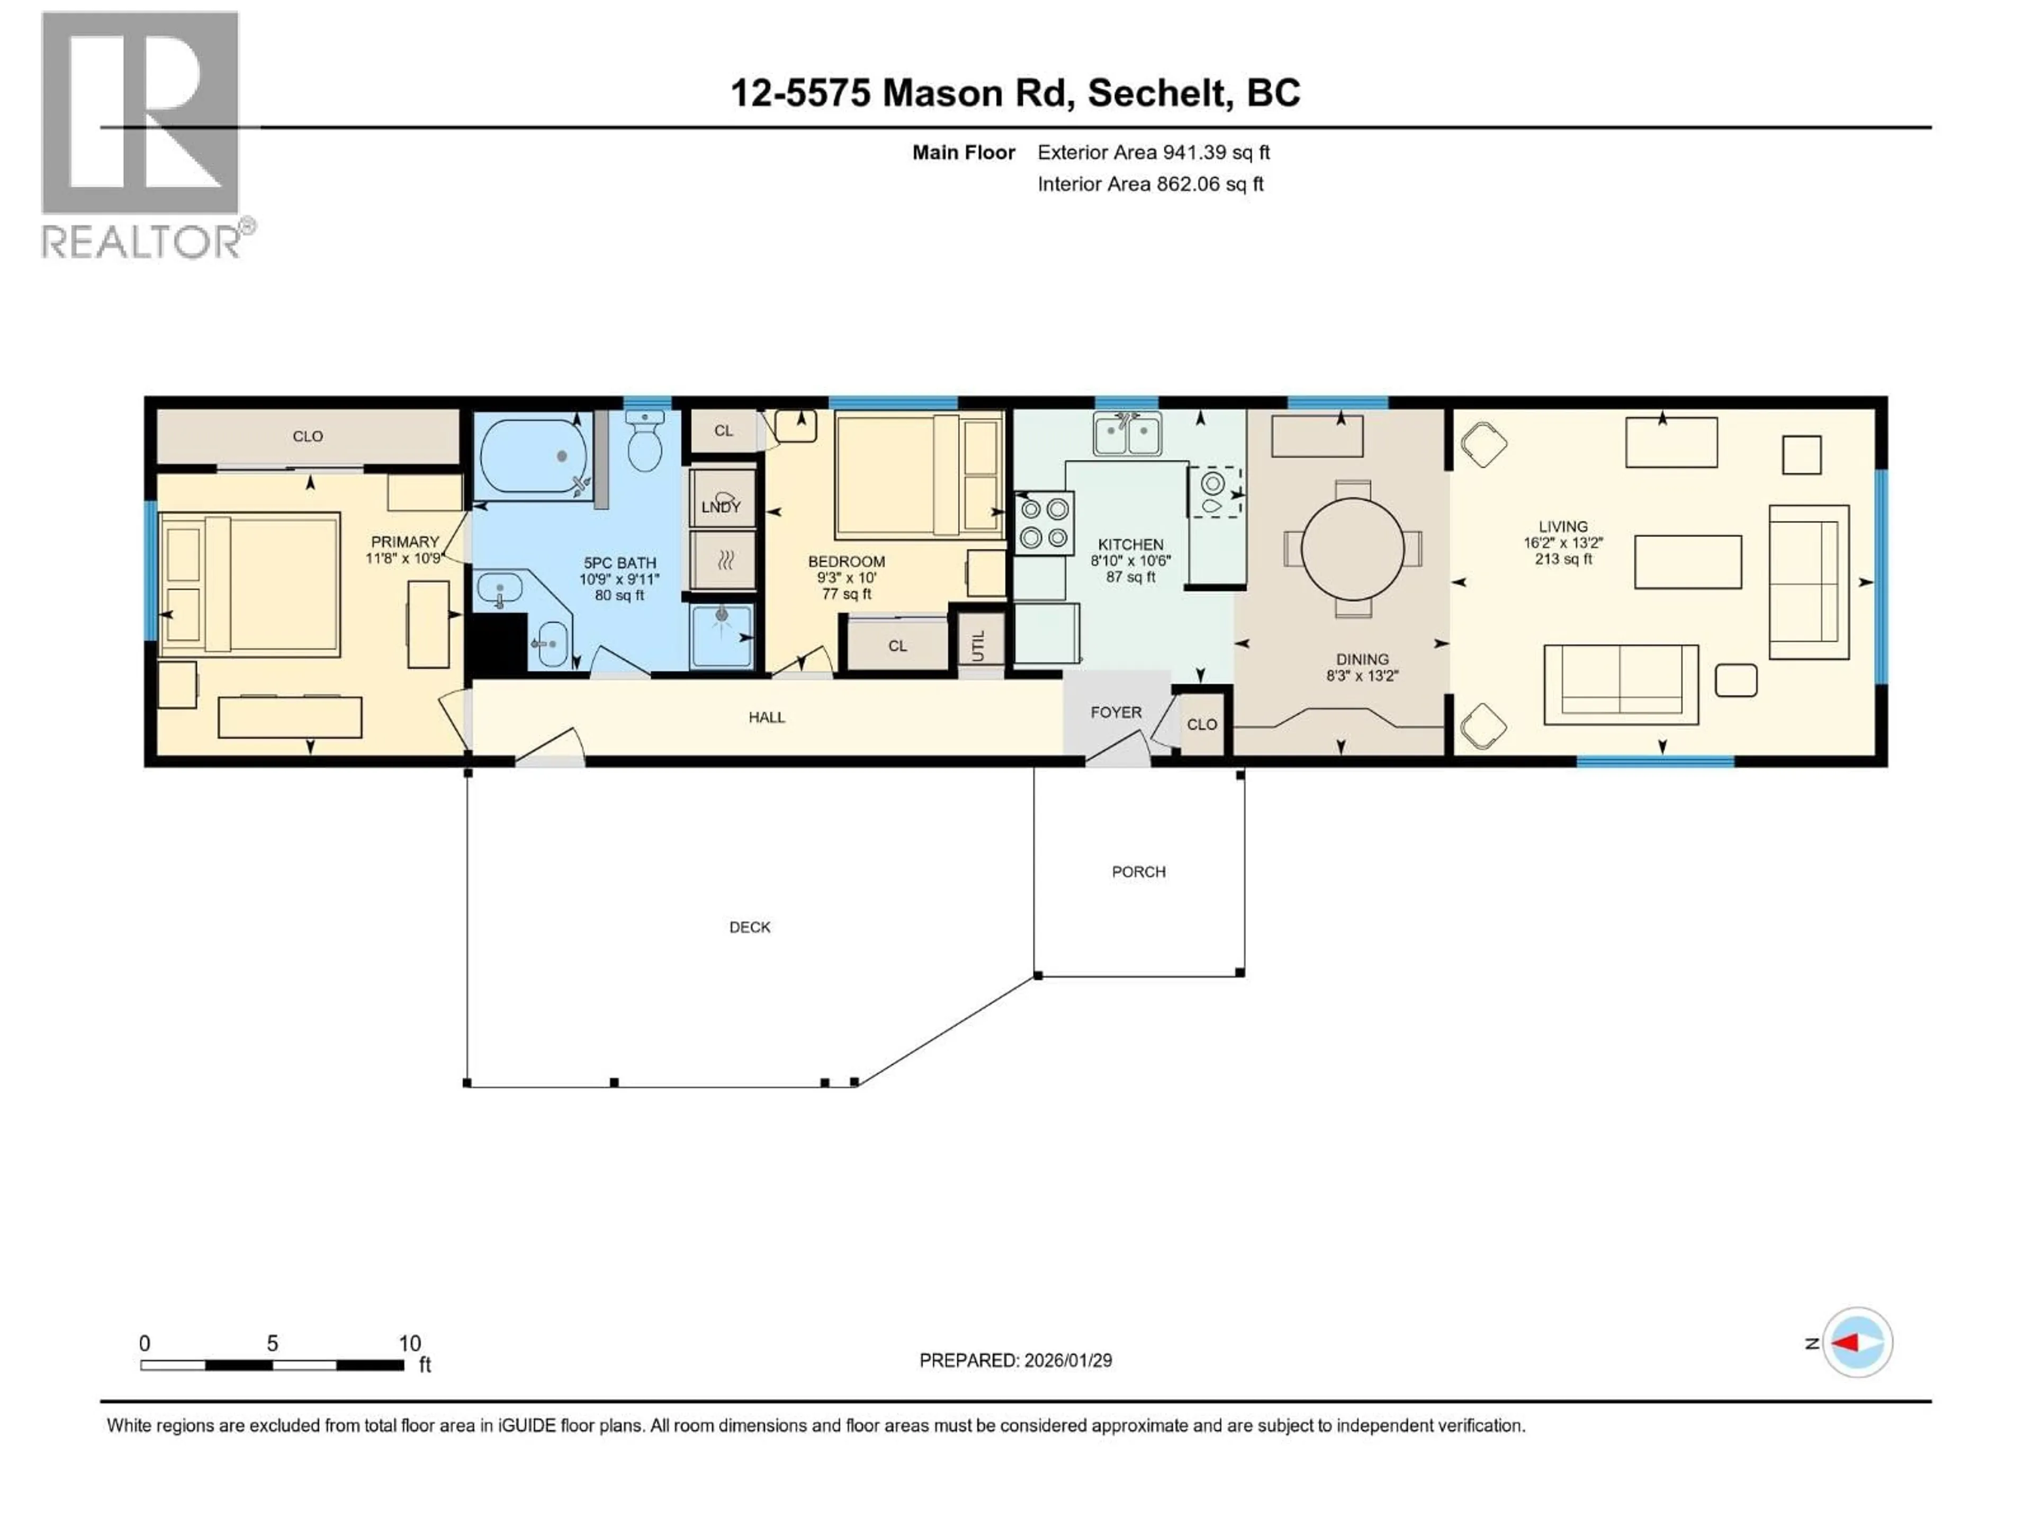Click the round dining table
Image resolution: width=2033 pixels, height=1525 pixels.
[1352, 549]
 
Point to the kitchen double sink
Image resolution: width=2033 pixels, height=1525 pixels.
[1127, 434]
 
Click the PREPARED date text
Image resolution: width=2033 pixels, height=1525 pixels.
[1015, 1360]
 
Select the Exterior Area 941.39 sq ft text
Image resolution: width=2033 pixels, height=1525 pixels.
[1154, 152]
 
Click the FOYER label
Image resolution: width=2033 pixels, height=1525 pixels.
[1116, 712]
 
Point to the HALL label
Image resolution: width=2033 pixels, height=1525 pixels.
[767, 717]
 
